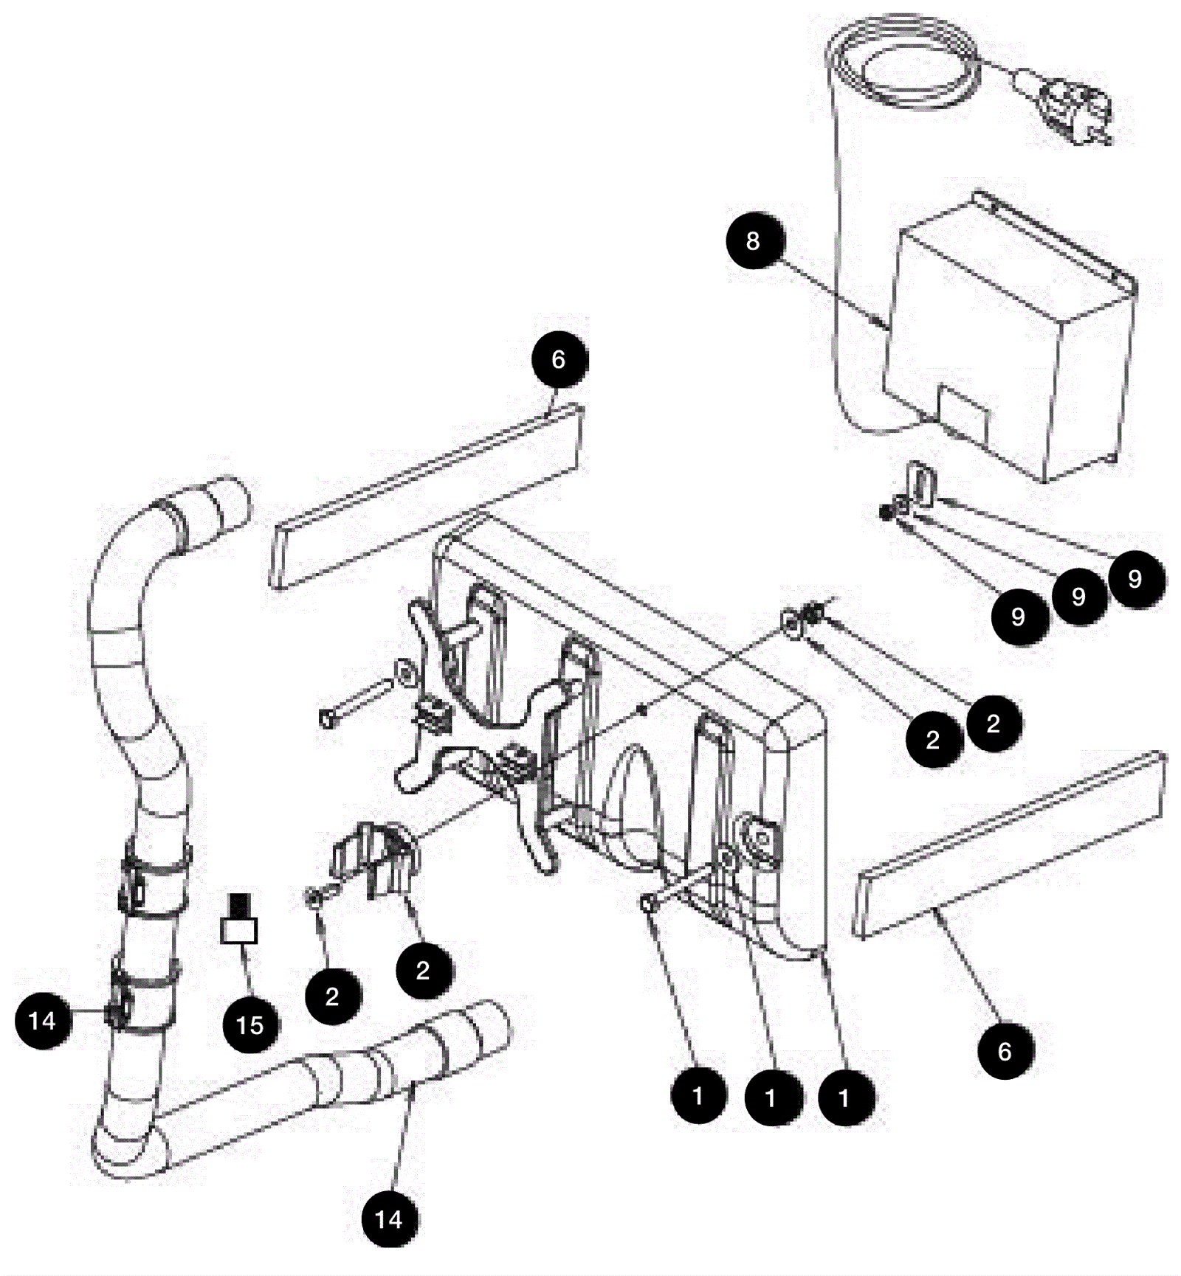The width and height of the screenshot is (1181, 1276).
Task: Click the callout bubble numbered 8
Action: [x=754, y=240]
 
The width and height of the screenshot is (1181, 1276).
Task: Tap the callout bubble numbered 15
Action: [x=250, y=1024]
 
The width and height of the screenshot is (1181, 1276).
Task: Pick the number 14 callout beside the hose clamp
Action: [x=43, y=1021]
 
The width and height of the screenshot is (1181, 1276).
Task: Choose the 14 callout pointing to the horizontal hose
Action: [x=389, y=1219]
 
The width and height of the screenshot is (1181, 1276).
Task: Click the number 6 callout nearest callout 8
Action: [x=559, y=360]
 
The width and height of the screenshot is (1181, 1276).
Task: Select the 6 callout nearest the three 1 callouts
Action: [x=1005, y=1051]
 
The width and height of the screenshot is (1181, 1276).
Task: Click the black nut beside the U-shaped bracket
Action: [x=886, y=511]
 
